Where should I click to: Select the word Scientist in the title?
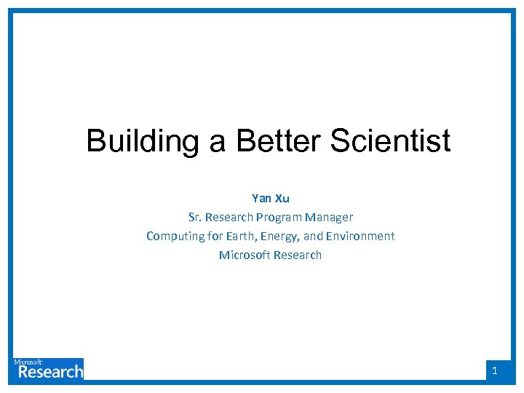(390, 141)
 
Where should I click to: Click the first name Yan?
(261, 198)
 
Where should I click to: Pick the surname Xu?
(282, 198)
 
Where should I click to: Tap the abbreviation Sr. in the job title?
(194, 217)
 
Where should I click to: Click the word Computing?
(175, 236)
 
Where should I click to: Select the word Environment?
(364, 236)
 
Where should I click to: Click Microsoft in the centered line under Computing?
(245, 255)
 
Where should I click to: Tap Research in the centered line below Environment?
(297, 255)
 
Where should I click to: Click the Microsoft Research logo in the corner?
(48, 369)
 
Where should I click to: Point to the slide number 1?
(495, 371)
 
